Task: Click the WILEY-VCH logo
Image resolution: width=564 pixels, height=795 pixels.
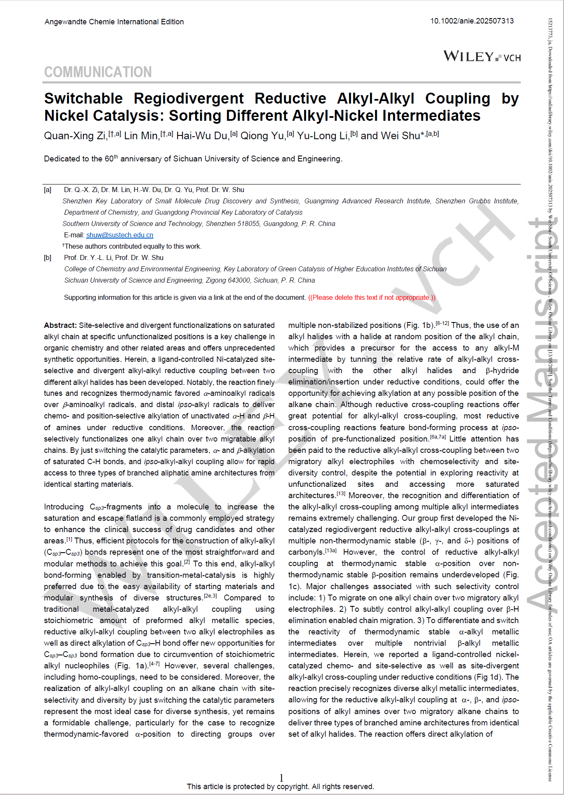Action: [x=482, y=56]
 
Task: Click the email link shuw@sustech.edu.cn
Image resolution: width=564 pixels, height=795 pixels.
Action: [x=120, y=235]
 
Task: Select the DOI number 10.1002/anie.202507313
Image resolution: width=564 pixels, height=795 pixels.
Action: [x=472, y=21]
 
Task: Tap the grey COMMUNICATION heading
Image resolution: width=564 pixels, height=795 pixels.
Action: [x=98, y=72]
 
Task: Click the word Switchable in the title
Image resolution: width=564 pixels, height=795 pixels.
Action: [x=84, y=99]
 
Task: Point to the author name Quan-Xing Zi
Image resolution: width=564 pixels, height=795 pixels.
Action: [x=75, y=136]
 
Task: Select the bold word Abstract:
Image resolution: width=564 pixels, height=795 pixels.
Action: [x=60, y=325]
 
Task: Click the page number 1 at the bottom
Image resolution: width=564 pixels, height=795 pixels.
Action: [x=281, y=777]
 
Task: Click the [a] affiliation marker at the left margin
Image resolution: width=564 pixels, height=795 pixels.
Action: [x=48, y=190]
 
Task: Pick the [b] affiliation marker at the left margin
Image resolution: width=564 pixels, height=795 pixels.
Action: [x=48, y=258]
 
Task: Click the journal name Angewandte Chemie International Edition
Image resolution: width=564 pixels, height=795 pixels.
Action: [x=114, y=22]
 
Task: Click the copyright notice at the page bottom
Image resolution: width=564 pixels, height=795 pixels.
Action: [x=280, y=787]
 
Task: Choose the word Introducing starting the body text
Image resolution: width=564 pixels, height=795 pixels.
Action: [x=64, y=507]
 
